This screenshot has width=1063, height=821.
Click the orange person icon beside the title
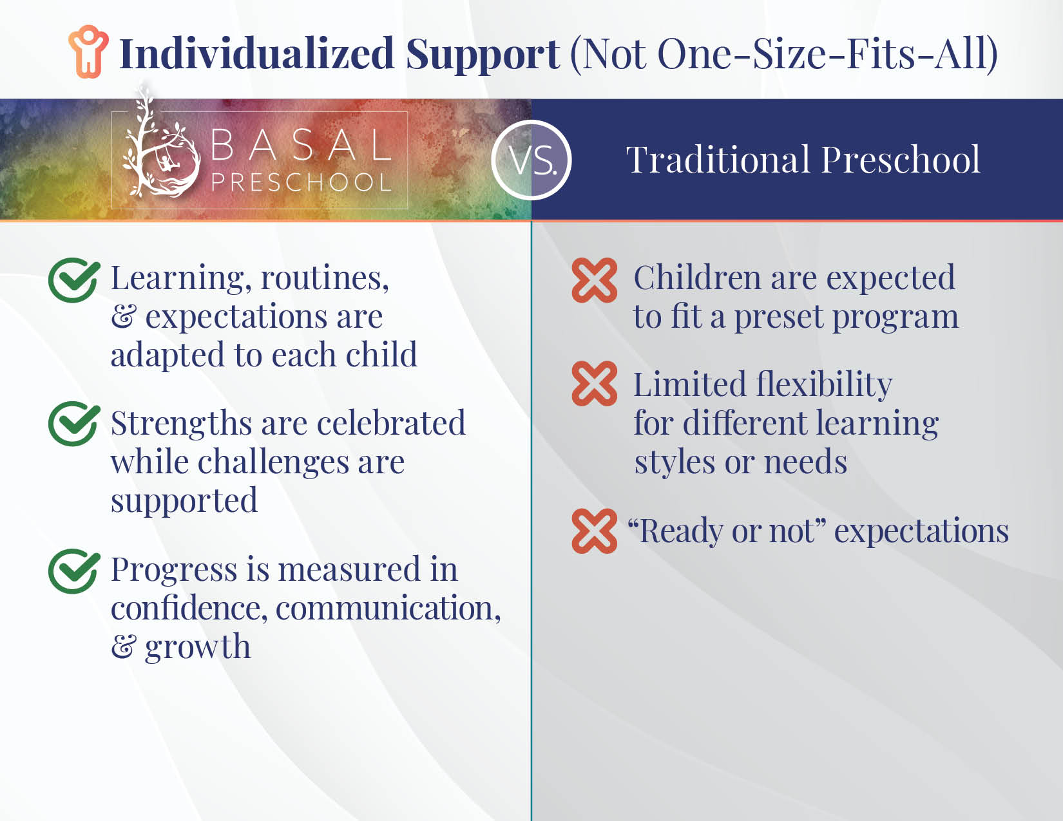(88, 52)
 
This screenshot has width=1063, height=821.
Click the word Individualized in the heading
(257, 53)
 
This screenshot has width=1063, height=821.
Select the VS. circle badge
(531, 160)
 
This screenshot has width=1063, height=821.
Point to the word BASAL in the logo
(302, 145)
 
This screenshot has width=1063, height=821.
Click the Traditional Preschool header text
(803, 160)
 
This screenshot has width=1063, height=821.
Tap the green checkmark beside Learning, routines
(74, 280)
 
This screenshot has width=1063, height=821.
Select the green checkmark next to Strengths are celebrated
(74, 424)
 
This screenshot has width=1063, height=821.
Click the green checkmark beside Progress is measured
(74, 571)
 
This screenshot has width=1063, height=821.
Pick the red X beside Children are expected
(595, 280)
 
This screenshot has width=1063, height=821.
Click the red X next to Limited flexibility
(595, 383)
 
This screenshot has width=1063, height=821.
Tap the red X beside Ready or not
(595, 531)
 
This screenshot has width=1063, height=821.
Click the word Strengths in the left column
(181, 424)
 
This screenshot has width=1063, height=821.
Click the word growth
(198, 648)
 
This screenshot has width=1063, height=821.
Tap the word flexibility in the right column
(824, 384)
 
